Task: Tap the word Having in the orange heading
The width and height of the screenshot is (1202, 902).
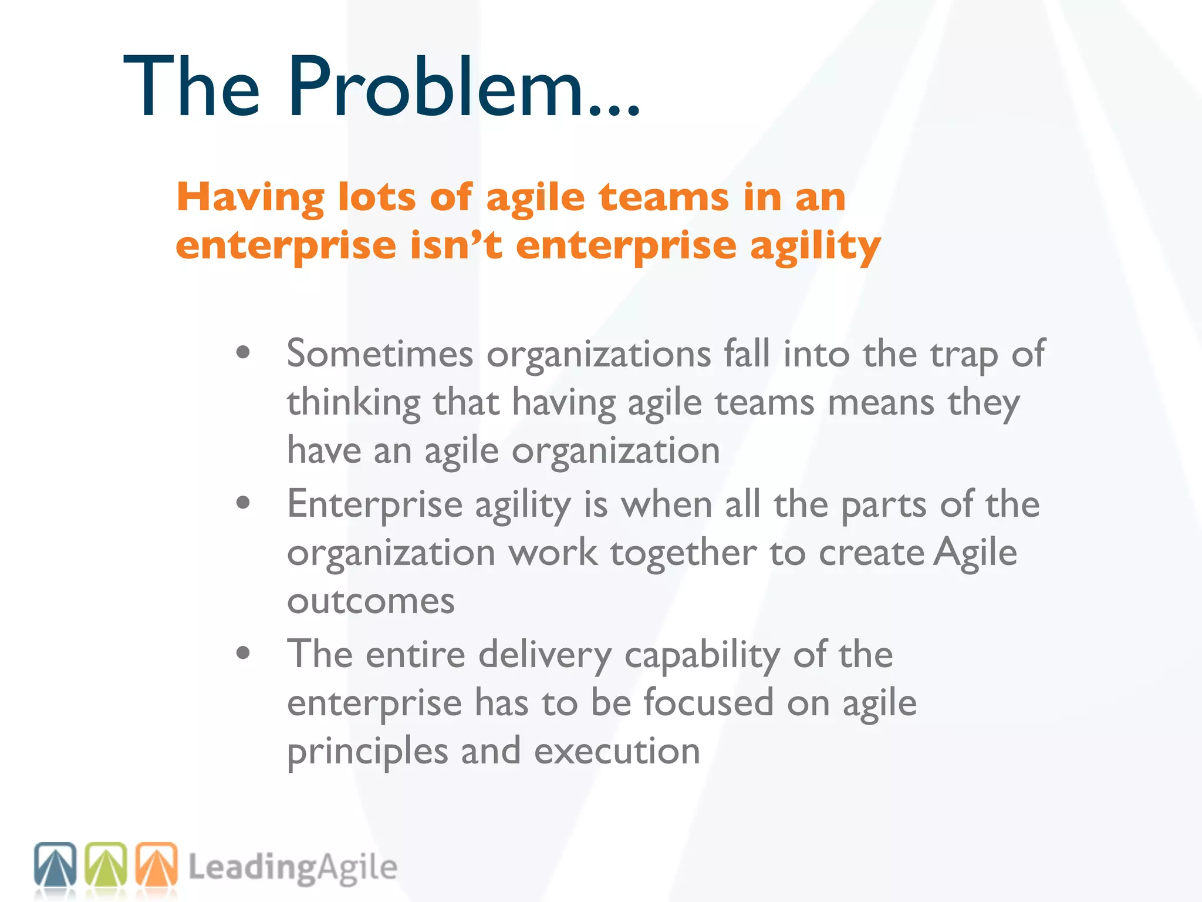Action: [x=250, y=197]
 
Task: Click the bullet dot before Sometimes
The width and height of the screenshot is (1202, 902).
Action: [x=243, y=353]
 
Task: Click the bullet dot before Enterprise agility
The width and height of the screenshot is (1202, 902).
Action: [x=243, y=503]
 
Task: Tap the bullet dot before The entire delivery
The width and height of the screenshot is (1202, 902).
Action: [x=243, y=653]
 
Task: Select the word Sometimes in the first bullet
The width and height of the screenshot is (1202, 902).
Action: [x=380, y=354]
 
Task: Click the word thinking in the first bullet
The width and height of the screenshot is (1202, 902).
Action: [x=353, y=404]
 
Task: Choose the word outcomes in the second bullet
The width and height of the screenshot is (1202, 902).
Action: [x=371, y=601]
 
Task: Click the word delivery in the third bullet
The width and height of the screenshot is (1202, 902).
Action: [x=545, y=655]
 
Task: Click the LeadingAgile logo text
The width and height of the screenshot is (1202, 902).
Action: [x=292, y=868]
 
